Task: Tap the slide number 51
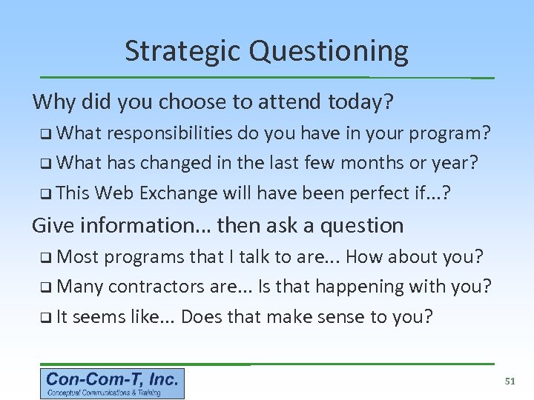coord(510,381)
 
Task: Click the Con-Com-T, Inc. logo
coord(112,384)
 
